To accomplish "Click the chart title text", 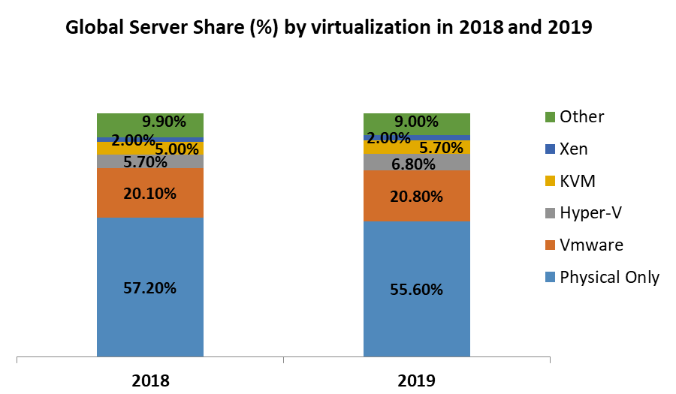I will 329,28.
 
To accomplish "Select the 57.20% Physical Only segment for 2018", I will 150,287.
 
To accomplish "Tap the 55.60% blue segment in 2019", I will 417,289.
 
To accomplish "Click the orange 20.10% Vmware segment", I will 150,193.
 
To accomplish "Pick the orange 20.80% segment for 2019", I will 417,197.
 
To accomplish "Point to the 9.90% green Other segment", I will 150,123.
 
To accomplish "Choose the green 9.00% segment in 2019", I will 417,122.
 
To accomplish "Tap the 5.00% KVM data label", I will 177,149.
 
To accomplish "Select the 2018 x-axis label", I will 150,380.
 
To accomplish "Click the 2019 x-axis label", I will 417,380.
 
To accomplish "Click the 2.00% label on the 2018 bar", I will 133,140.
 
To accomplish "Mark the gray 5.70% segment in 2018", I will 150,161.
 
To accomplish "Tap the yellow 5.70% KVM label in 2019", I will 441,148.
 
